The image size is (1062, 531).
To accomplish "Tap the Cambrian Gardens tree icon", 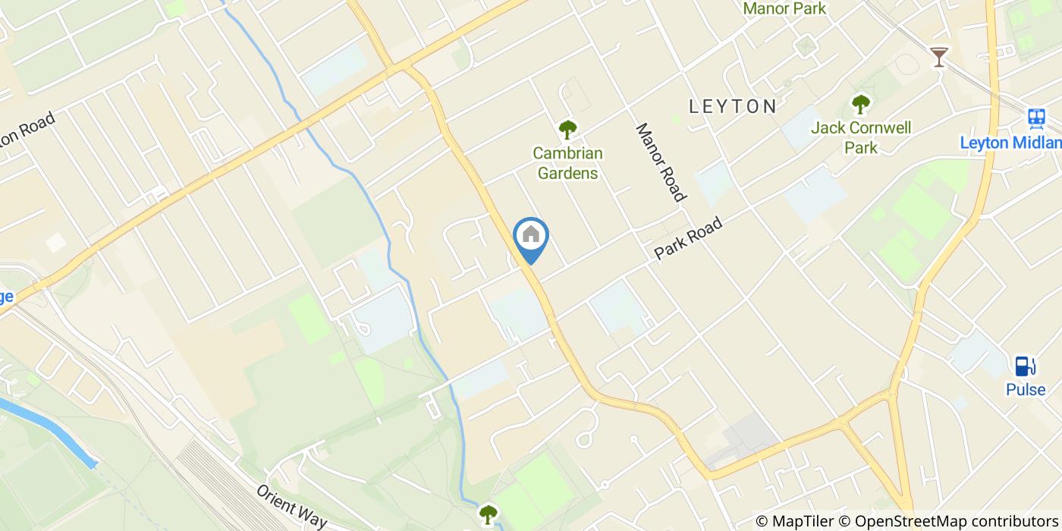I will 567,130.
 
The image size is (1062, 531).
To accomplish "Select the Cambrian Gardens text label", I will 567,163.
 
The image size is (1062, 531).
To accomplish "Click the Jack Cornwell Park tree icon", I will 860,104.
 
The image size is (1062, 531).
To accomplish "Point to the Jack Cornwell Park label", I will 861,137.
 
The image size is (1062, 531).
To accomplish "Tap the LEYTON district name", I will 733,106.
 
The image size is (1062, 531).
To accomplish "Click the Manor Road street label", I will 660,162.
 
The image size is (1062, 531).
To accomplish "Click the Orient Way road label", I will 291,506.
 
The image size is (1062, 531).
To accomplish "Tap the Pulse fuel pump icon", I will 1025,366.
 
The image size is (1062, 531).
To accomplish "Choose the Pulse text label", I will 1026,390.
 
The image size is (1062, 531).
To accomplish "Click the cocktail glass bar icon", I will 939,56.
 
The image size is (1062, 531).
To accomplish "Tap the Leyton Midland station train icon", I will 1036,118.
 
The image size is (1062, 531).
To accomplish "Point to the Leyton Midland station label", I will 1010,143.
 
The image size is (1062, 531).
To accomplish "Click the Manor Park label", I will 784,9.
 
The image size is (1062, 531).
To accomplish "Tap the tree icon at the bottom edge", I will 488,514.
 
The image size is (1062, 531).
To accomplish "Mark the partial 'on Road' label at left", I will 27,131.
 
